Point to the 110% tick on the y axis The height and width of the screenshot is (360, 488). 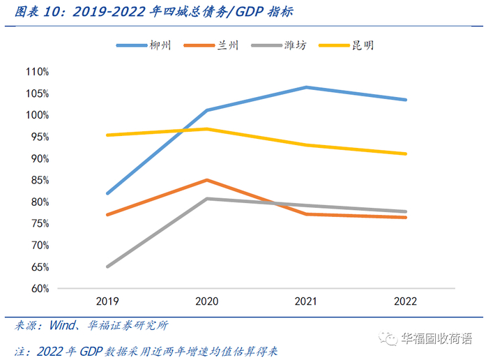pos(37,72)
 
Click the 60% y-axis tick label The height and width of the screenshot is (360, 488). pos(39,288)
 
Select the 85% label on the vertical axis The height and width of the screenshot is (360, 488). pos(39,180)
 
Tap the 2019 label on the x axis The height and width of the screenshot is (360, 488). pos(108,301)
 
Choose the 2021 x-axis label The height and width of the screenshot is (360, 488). pos(305,301)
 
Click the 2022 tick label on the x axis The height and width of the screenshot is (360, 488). pos(405,301)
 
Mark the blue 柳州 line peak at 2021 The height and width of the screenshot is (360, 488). pos(306,87)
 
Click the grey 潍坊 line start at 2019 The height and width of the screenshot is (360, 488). pos(108,267)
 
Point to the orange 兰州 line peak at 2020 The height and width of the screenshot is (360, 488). pos(206,180)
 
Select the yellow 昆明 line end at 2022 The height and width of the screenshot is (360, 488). pos(406,153)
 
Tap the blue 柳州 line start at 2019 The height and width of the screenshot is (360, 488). pos(108,193)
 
